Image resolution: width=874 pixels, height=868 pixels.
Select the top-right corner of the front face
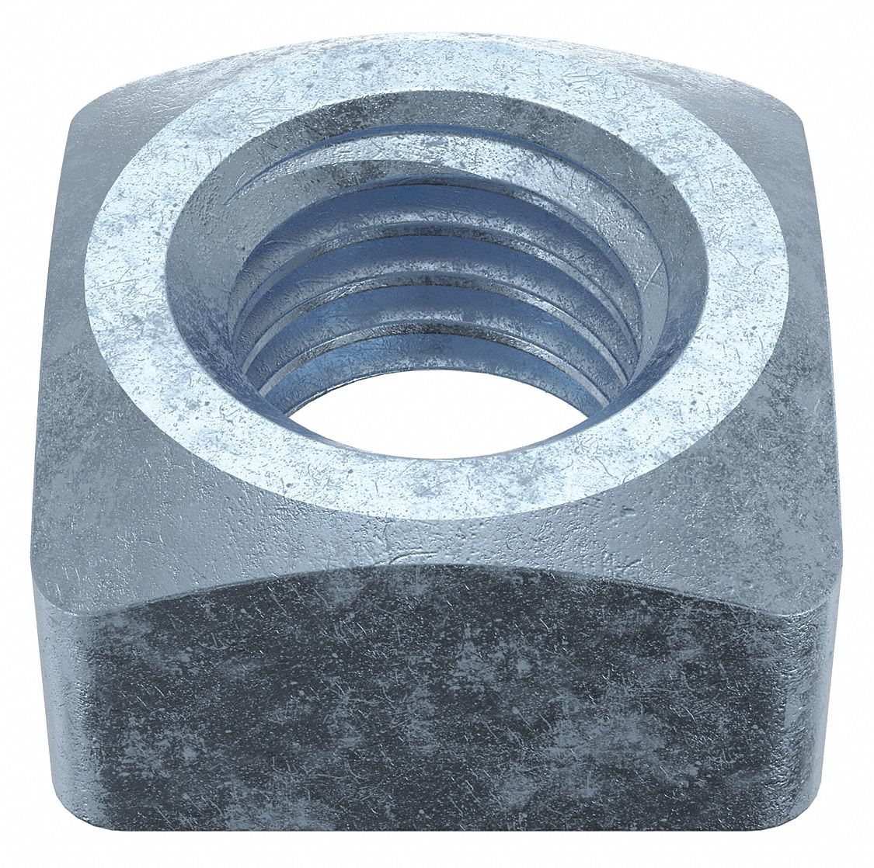point(831,621)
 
